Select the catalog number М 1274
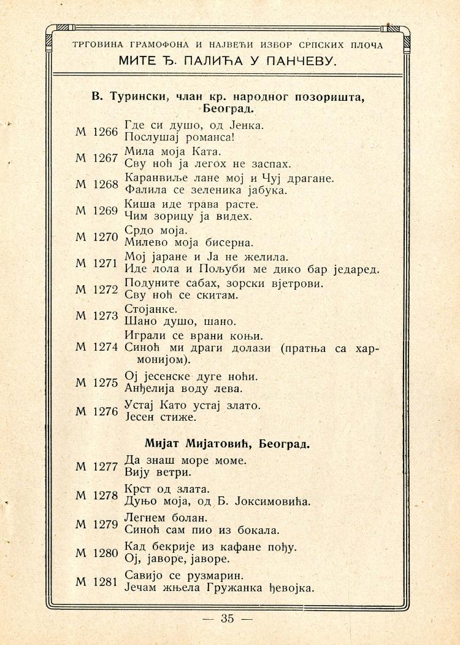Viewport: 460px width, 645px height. [96, 346]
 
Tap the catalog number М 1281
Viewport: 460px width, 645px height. [96, 581]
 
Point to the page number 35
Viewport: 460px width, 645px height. [228, 619]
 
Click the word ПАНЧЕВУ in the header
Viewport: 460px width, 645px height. [302, 61]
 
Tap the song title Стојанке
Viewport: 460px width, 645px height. [151, 309]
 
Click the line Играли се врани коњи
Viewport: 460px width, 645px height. [193, 335]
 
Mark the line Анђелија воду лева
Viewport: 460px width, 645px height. [184, 388]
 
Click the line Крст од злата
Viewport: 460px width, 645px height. [167, 489]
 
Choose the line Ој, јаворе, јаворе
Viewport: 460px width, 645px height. [177, 559]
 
